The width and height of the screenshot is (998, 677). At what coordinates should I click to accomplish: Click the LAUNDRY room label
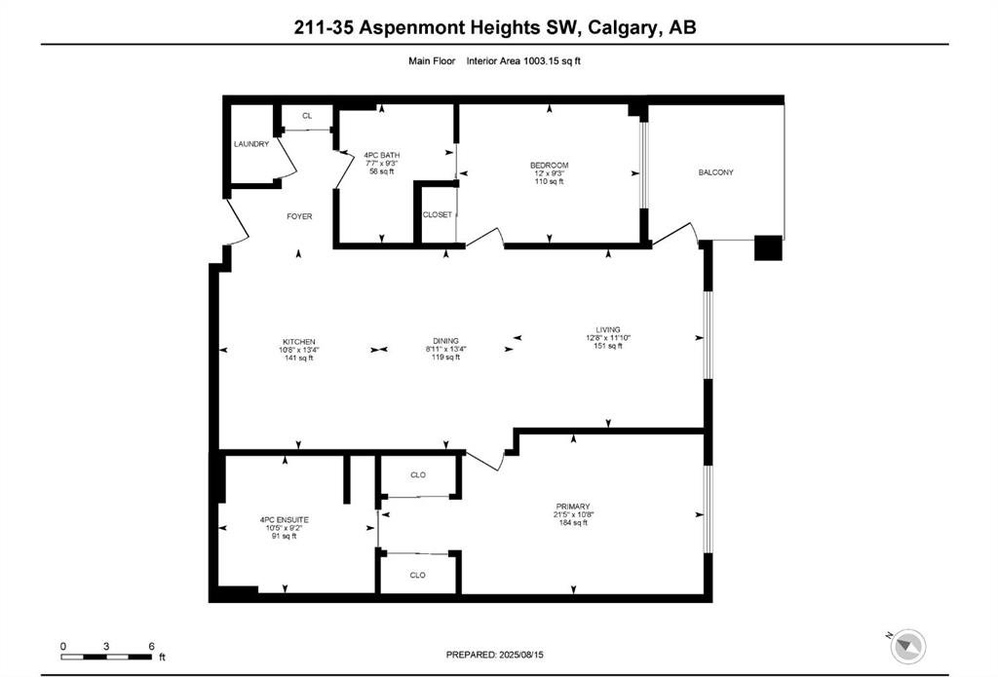click(x=251, y=144)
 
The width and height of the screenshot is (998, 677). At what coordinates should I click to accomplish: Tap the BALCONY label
click(x=716, y=172)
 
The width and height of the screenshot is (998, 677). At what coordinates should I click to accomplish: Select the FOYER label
click(x=299, y=216)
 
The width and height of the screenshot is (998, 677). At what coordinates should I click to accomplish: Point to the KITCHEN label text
click(x=299, y=342)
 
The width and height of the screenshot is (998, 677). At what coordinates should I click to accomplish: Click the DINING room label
click(x=445, y=341)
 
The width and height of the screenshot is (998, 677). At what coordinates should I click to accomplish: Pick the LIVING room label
click(x=608, y=329)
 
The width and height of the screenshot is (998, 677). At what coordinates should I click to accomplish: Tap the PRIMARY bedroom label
click(x=573, y=507)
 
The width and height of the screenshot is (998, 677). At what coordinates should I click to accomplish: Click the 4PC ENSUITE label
click(x=284, y=520)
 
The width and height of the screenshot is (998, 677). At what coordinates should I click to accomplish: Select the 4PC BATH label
click(x=382, y=155)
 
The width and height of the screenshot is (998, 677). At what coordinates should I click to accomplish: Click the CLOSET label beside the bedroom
click(x=438, y=215)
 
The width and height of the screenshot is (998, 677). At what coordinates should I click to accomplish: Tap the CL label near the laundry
click(x=307, y=116)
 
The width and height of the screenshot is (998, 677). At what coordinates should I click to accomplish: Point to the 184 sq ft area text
click(x=573, y=523)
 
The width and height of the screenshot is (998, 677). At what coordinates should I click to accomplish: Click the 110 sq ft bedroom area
click(x=550, y=181)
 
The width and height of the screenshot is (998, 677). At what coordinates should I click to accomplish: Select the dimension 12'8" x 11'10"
click(x=608, y=338)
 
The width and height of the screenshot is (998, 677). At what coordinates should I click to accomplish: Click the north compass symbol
click(x=907, y=647)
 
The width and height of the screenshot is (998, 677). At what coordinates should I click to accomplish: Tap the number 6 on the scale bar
click(x=151, y=647)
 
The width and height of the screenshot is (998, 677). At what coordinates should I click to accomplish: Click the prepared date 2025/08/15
click(x=522, y=655)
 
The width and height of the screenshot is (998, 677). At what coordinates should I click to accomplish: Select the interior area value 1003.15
click(x=541, y=61)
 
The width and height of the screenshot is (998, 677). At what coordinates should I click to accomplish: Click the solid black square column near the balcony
click(x=768, y=248)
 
